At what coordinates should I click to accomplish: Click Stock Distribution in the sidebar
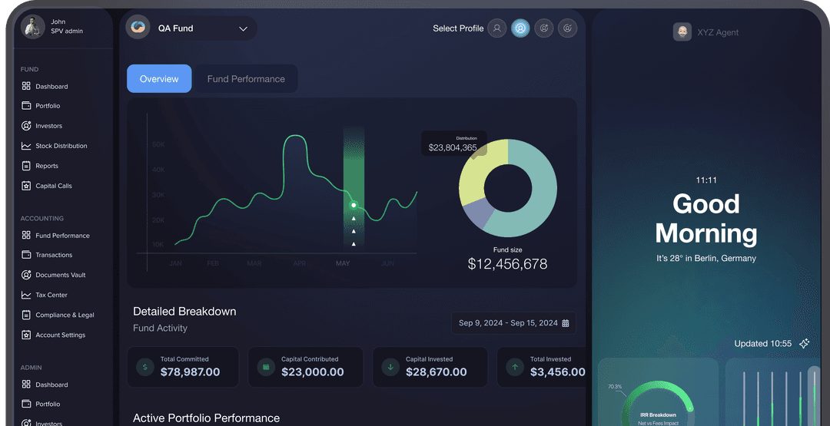(61, 146)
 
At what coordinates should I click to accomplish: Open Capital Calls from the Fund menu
(53, 186)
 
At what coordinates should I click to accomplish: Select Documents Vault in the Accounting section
(60, 275)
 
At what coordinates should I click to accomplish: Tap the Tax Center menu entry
(51, 295)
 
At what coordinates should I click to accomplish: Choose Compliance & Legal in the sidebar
(65, 315)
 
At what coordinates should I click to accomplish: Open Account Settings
(60, 335)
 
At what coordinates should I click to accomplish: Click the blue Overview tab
(159, 79)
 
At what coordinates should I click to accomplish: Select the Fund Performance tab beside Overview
(246, 79)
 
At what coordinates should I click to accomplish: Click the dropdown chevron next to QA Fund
(243, 29)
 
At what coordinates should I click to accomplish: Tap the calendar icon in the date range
(566, 323)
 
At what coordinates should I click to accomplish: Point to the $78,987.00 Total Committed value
(190, 372)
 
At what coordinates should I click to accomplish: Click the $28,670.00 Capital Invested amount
(437, 372)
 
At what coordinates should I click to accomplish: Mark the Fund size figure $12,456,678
(507, 264)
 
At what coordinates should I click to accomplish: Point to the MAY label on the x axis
(343, 263)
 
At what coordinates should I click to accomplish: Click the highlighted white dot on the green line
(354, 205)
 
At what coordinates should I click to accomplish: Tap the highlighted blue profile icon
(520, 28)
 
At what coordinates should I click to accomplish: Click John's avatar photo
(32, 27)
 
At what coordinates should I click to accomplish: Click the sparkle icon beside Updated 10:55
(804, 343)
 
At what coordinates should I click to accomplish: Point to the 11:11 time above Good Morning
(706, 180)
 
